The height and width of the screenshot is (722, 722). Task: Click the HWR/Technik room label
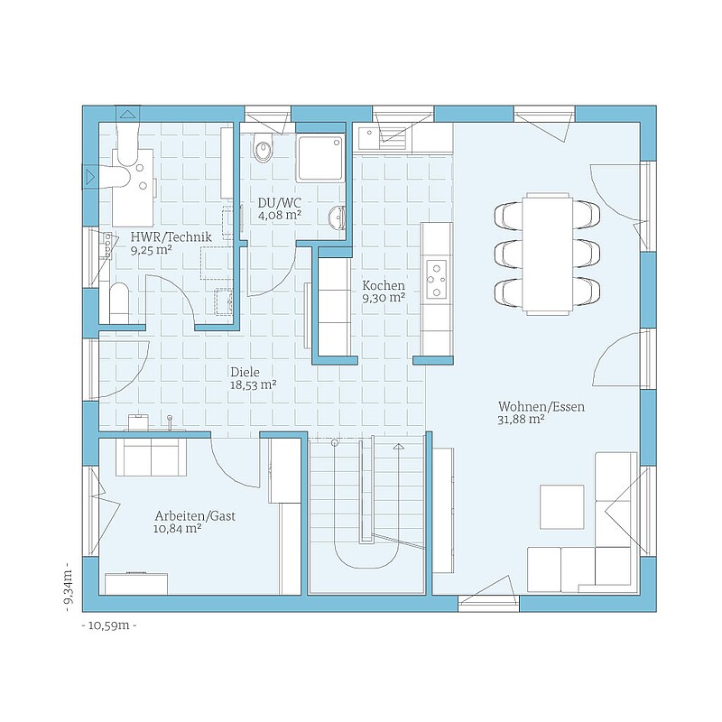pyautogui.click(x=171, y=237)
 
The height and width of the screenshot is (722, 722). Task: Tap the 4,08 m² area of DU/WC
pyautogui.click(x=280, y=215)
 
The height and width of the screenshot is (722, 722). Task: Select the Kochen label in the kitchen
pyautogui.click(x=384, y=285)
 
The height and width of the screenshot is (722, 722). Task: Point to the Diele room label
pyautogui.click(x=245, y=372)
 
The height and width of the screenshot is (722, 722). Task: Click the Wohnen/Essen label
pyautogui.click(x=541, y=407)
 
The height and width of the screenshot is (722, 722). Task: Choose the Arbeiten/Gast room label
pyautogui.click(x=195, y=516)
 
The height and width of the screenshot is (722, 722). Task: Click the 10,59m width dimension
pyautogui.click(x=108, y=625)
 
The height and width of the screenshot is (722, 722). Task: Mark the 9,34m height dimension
pyautogui.click(x=69, y=587)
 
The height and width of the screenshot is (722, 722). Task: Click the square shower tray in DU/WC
pyautogui.click(x=321, y=158)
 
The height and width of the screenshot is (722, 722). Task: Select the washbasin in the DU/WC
pyautogui.click(x=338, y=218)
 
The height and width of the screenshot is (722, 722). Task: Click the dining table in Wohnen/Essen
pyautogui.click(x=548, y=254)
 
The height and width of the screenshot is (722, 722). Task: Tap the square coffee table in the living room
pyautogui.click(x=561, y=507)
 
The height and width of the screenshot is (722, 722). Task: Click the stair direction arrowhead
pyautogui.click(x=398, y=446)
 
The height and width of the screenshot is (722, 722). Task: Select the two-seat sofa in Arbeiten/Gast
pyautogui.click(x=151, y=457)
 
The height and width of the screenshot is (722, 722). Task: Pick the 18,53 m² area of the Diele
pyautogui.click(x=254, y=385)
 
